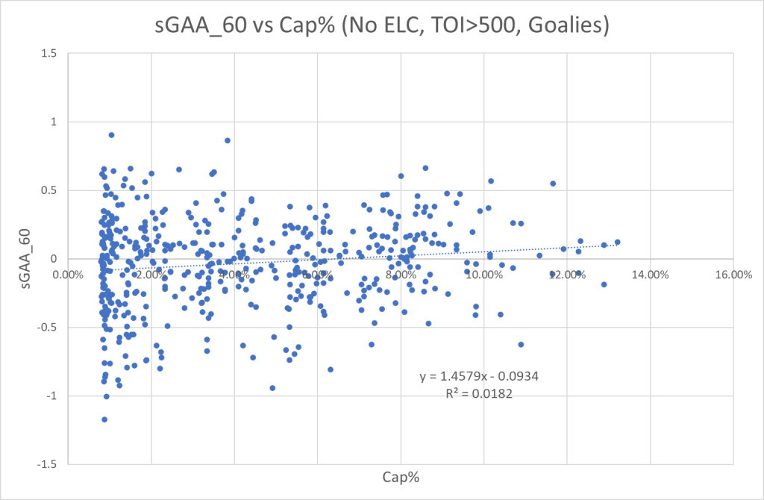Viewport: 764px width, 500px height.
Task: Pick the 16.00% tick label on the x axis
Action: coord(733,274)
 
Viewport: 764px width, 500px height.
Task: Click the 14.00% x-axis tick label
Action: coord(649,274)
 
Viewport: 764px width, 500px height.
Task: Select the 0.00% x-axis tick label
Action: coord(68,274)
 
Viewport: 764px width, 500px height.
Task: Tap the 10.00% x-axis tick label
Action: coord(483,274)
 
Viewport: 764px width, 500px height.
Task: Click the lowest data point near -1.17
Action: coord(104,419)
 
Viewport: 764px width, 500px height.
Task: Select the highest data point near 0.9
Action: coord(111,135)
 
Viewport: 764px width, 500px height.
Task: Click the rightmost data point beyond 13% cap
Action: coord(617,242)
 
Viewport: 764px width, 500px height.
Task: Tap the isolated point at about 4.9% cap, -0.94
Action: coord(272,388)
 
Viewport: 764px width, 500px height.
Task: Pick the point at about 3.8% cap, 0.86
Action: coord(228,140)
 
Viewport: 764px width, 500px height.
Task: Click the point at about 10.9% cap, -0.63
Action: coord(521,345)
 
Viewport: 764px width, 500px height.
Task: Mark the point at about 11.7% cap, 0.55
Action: coord(553,184)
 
